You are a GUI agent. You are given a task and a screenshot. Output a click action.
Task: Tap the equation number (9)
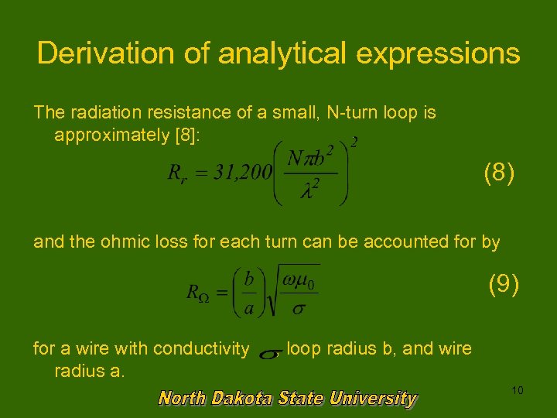point(504,285)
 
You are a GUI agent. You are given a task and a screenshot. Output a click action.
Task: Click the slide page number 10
point(518,390)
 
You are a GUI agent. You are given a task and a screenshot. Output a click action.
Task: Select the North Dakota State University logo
point(288,399)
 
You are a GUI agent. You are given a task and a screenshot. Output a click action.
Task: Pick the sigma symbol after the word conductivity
point(268,354)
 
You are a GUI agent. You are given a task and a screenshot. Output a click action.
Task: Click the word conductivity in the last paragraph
point(200,348)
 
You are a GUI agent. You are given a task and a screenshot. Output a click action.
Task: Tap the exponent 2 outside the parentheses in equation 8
point(354,142)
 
